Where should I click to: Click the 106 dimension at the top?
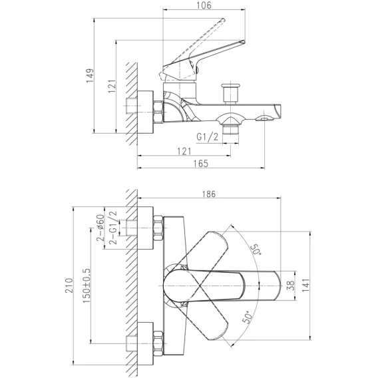coord(204,5)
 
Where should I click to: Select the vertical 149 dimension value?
coord(90,75)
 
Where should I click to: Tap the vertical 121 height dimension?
coord(112,87)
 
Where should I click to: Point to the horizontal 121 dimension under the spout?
coord(184,151)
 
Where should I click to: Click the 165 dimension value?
coord(200,164)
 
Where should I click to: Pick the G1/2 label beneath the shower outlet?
coord(208,137)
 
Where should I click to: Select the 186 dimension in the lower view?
coord(209,194)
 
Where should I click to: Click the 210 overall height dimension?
coord(69,285)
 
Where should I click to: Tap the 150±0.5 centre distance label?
coord(87,285)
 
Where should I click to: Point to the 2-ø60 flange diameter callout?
coord(100,228)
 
